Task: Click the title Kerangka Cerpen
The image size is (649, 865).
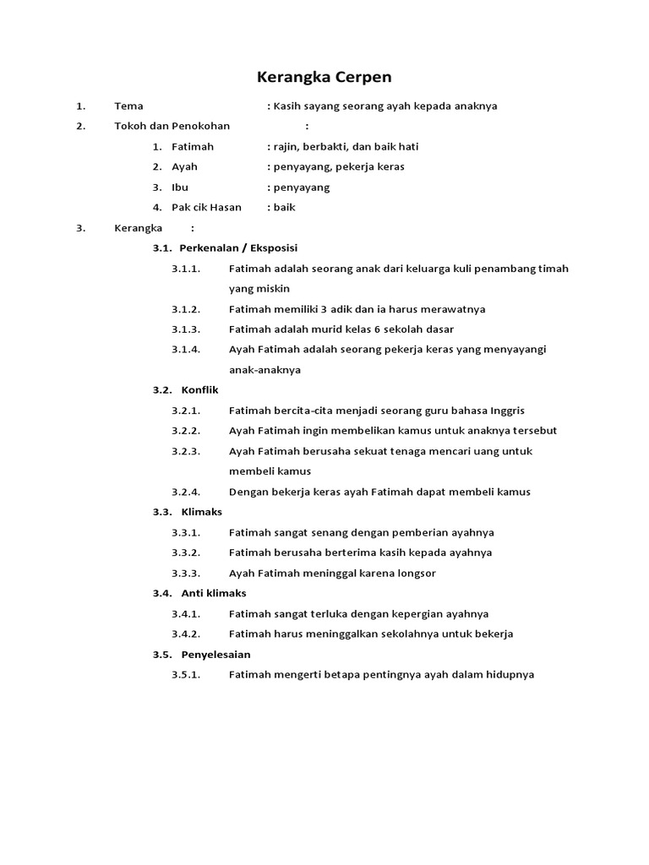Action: click(x=324, y=78)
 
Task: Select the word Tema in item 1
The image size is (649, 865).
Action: click(x=128, y=106)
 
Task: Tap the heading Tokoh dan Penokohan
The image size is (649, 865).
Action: click(x=172, y=126)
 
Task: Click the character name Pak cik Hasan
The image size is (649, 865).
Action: click(x=206, y=207)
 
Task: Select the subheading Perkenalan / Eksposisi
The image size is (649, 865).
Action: click(x=238, y=248)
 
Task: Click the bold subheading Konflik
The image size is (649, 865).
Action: click(x=200, y=389)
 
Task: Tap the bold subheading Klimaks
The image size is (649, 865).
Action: click(x=202, y=512)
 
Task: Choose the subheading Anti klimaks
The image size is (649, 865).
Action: click(x=214, y=593)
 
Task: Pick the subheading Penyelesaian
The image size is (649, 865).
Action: click(x=215, y=654)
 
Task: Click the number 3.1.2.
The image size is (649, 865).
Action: click(x=186, y=308)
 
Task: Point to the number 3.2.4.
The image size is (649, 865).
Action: click(x=186, y=492)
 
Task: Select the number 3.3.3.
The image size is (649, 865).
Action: click(x=186, y=573)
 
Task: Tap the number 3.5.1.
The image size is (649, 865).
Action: click(x=186, y=674)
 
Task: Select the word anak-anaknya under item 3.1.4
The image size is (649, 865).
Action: click(x=265, y=369)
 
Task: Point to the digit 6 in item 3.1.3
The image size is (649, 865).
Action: click(x=364, y=329)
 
